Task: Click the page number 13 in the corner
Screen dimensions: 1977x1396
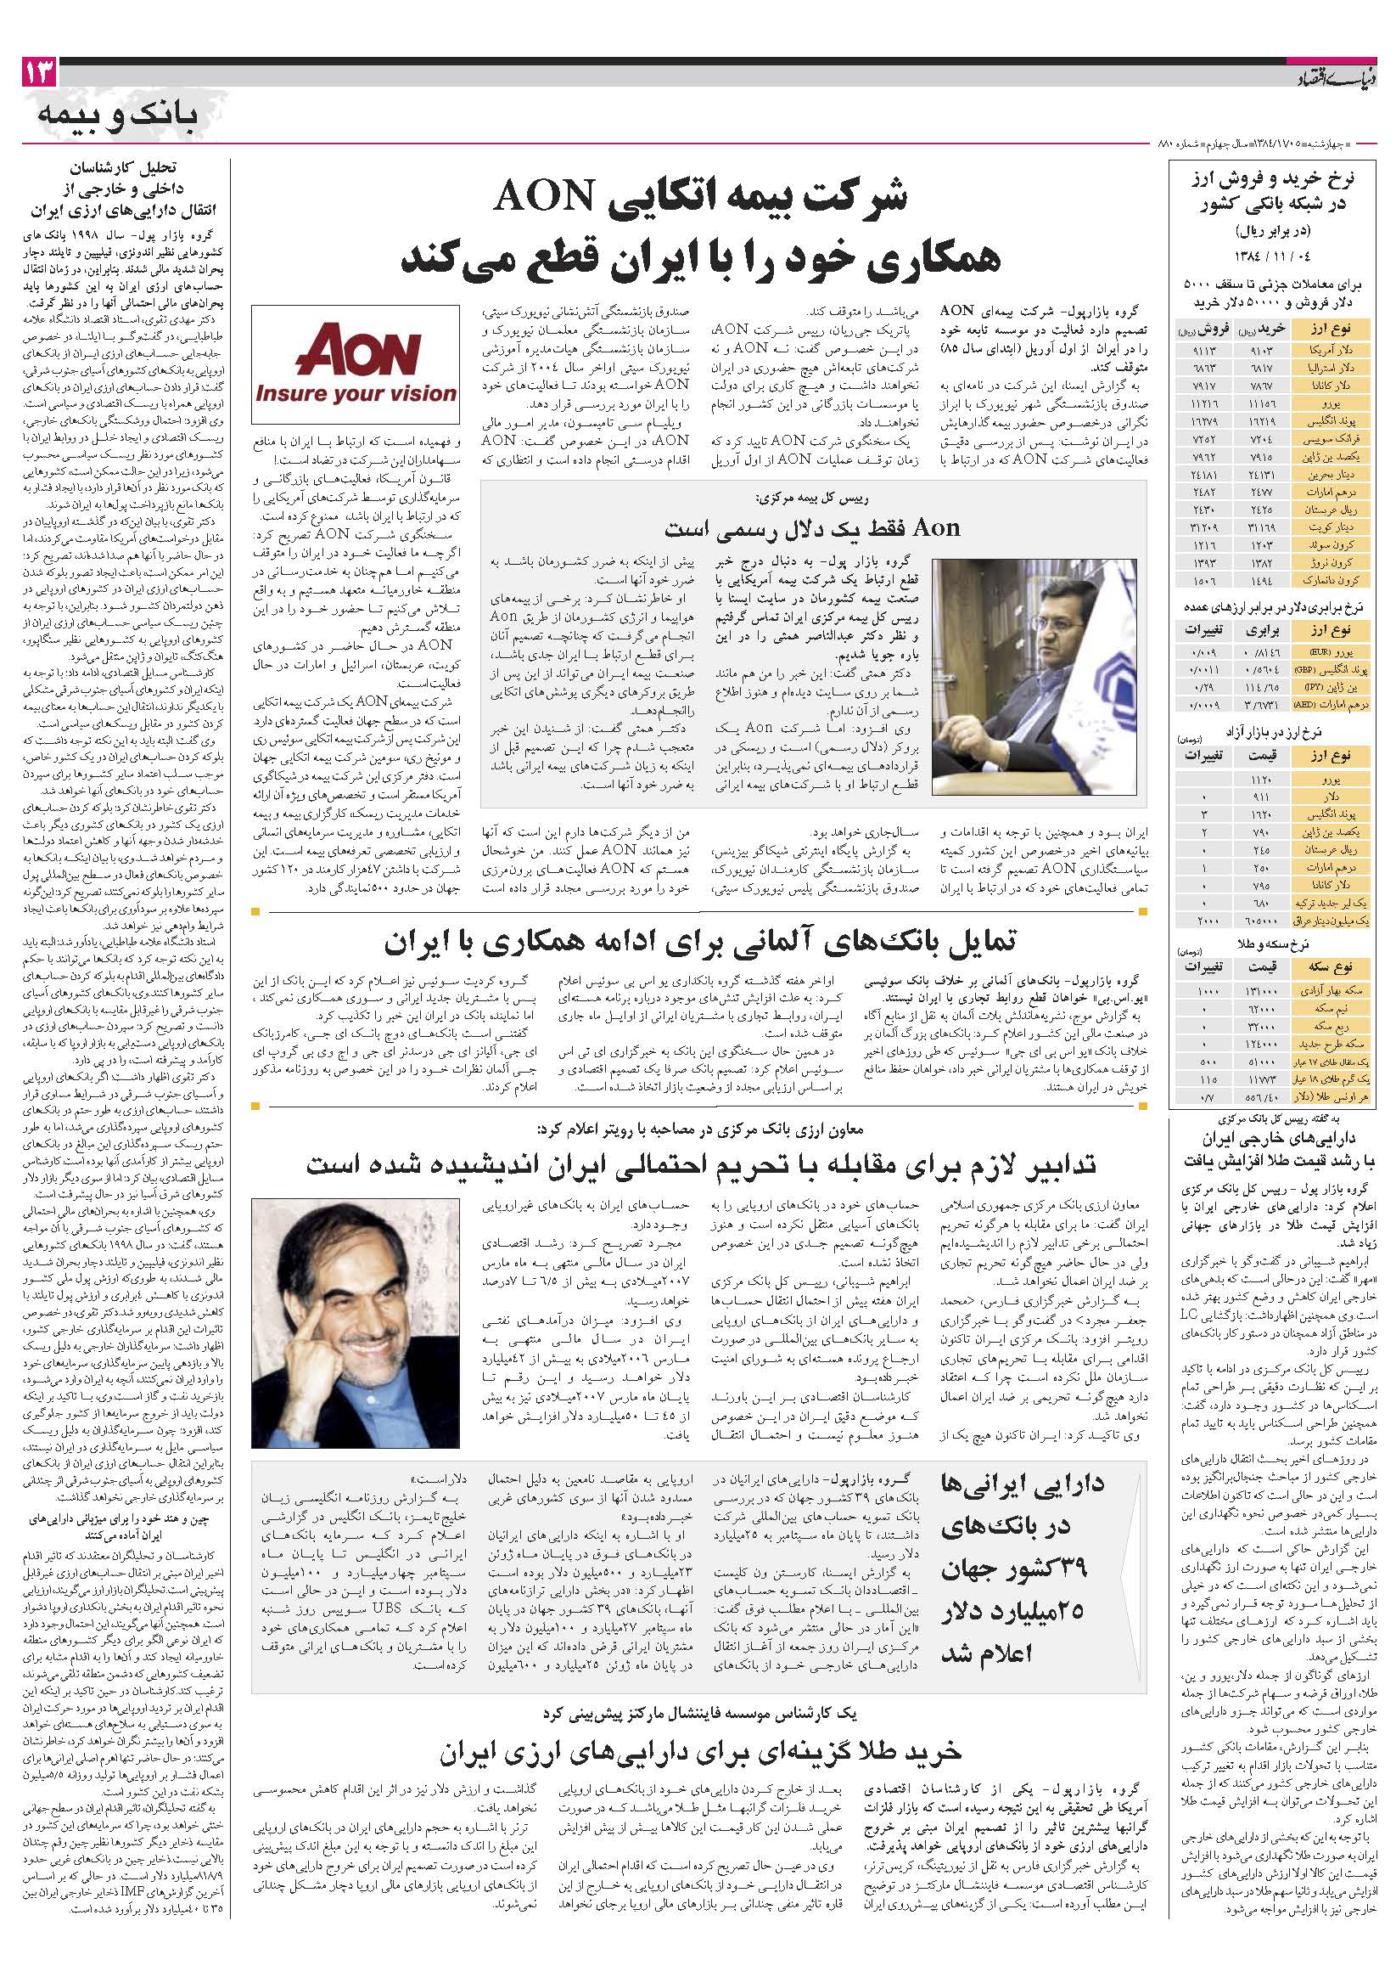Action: coord(40,73)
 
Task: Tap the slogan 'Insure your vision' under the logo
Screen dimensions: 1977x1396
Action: coord(356,393)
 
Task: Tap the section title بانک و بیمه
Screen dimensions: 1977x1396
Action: coord(118,115)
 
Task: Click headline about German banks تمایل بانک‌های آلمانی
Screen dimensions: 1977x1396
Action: coord(699,943)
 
